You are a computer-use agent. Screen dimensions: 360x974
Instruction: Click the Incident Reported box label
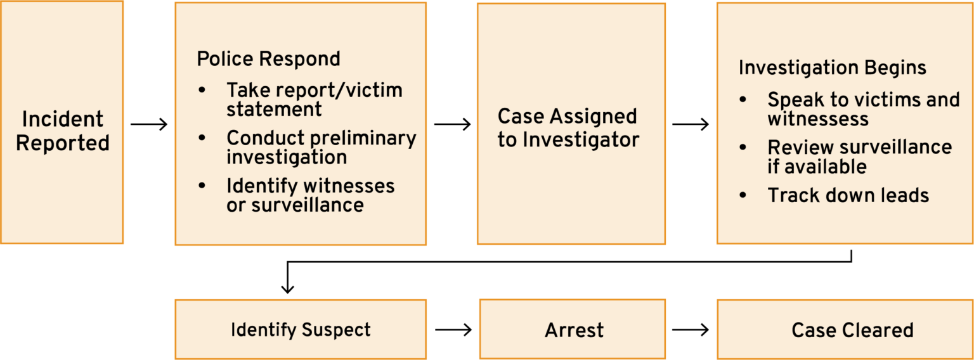pyautogui.click(x=62, y=131)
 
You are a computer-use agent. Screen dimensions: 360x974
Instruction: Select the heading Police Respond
pyautogui.click(x=268, y=59)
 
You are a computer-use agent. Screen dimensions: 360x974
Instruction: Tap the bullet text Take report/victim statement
pyautogui.click(x=314, y=100)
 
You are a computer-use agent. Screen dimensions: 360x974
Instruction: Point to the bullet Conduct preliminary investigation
pyautogui.click(x=321, y=147)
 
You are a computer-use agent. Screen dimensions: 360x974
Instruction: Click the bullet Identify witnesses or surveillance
pyautogui.click(x=310, y=195)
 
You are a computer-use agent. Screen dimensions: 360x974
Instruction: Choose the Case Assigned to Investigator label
pyautogui.click(x=568, y=128)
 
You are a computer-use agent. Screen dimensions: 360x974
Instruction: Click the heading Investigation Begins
pyautogui.click(x=833, y=68)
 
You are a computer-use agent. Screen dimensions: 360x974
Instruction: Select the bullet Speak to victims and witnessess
pyautogui.click(x=863, y=109)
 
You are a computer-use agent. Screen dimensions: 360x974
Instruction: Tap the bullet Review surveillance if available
pyautogui.click(x=859, y=157)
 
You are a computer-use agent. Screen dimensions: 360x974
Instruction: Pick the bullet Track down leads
pyautogui.click(x=848, y=195)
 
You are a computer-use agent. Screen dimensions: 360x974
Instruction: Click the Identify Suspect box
pyautogui.click(x=301, y=330)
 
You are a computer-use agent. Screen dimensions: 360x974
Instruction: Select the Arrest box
pyautogui.click(x=573, y=330)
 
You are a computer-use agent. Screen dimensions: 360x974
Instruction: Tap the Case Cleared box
pyautogui.click(x=852, y=330)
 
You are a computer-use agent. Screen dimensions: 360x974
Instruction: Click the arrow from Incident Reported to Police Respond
pyautogui.click(x=149, y=124)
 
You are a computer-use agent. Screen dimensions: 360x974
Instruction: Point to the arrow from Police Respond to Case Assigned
pyautogui.click(x=452, y=124)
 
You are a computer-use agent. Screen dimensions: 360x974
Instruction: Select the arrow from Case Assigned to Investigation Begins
pyautogui.click(x=691, y=124)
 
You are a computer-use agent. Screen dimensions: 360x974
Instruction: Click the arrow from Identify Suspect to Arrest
pyautogui.click(x=453, y=330)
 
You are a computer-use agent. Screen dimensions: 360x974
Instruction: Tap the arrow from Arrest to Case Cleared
pyautogui.click(x=691, y=330)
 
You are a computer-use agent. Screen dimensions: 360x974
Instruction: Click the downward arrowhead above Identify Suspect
pyautogui.click(x=288, y=288)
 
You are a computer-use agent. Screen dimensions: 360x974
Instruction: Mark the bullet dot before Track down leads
pyautogui.click(x=744, y=196)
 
